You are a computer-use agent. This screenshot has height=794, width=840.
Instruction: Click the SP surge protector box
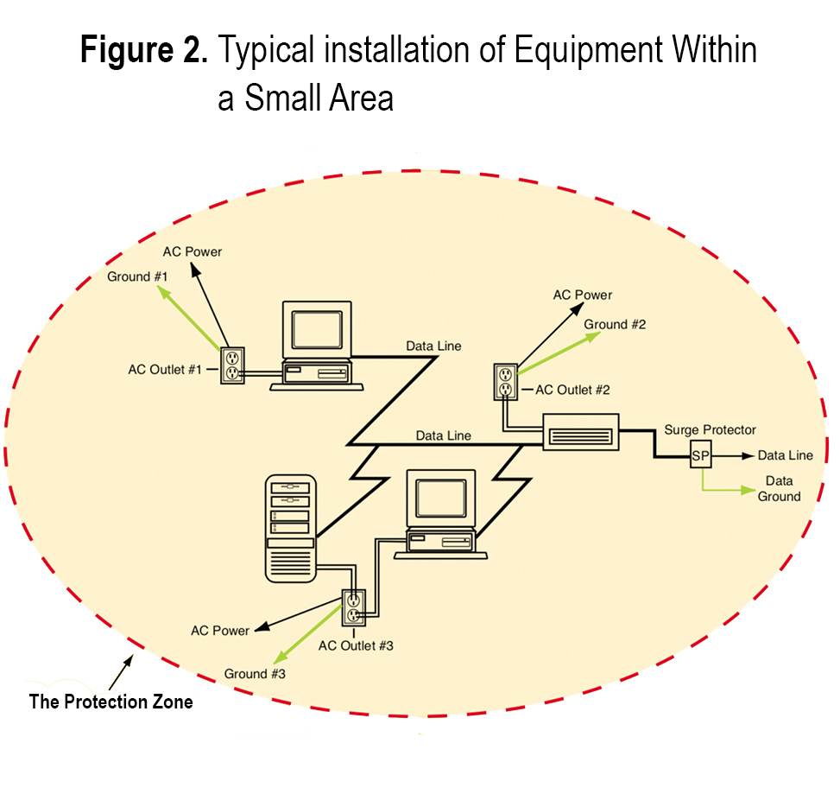pyautogui.click(x=700, y=455)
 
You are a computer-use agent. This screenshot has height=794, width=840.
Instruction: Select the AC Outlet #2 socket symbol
pyautogui.click(x=507, y=382)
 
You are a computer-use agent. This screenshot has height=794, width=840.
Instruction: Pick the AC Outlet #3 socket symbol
pyautogui.click(x=354, y=607)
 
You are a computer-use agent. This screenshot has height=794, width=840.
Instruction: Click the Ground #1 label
pyautogui.click(x=137, y=276)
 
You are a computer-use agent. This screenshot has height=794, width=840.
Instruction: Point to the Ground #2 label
pyautogui.click(x=615, y=324)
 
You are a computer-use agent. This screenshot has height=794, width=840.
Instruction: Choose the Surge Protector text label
pyautogui.click(x=710, y=429)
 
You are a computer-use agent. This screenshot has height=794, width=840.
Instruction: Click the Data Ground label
pyautogui.click(x=779, y=488)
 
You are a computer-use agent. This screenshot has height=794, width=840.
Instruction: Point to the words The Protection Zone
pyautogui.click(x=111, y=701)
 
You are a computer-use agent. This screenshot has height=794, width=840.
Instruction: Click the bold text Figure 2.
pyautogui.click(x=144, y=52)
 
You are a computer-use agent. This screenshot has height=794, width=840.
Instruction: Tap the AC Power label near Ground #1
pyautogui.click(x=193, y=251)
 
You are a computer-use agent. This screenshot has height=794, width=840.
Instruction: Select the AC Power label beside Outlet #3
pyautogui.click(x=220, y=630)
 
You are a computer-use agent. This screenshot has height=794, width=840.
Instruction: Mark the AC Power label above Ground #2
pyautogui.click(x=583, y=295)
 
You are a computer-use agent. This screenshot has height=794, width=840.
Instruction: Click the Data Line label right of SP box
pyautogui.click(x=785, y=455)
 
